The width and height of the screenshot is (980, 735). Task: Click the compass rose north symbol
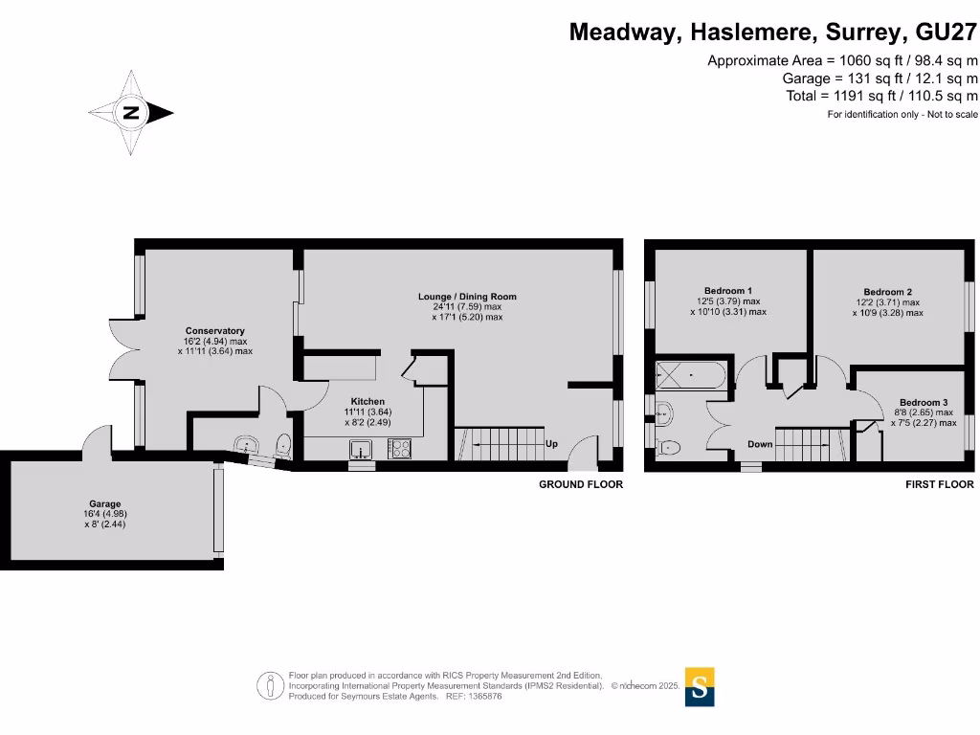click(131, 113)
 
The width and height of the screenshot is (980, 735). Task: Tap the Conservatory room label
click(215, 331)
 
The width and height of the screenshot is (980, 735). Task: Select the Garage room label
click(105, 503)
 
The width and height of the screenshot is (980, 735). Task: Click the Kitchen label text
click(367, 401)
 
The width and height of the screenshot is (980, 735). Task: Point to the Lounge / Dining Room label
click(467, 297)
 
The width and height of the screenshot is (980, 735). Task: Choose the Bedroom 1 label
click(728, 291)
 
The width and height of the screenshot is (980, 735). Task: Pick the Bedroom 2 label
click(887, 292)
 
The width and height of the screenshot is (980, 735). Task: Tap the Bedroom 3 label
click(924, 402)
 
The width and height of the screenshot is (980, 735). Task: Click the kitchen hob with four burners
click(399, 448)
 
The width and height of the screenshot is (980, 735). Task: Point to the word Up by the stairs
click(551, 445)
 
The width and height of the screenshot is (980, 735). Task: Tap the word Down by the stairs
click(760, 444)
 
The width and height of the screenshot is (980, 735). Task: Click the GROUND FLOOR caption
click(580, 485)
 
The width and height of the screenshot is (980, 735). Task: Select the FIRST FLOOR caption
click(939, 485)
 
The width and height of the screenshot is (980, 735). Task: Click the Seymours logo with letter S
click(700, 686)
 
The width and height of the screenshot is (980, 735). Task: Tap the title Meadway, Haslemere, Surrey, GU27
click(773, 32)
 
